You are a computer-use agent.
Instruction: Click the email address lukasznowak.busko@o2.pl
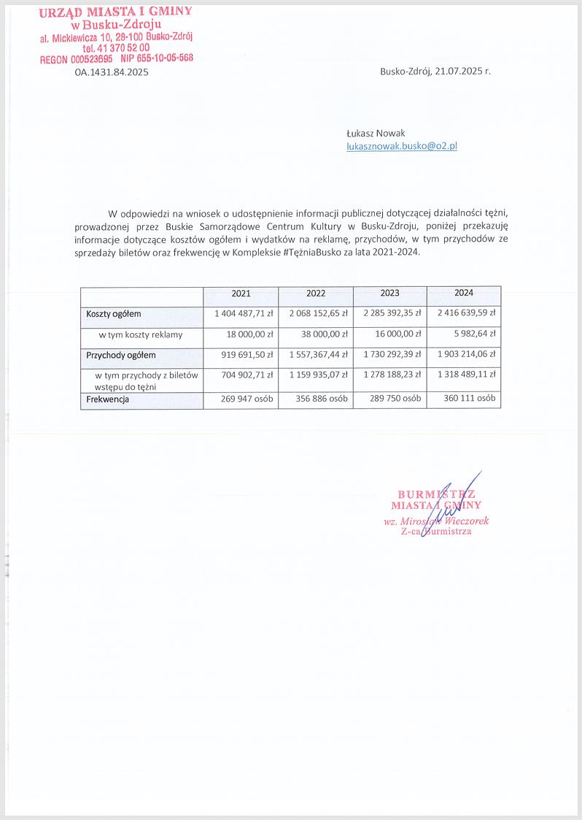pos(401,146)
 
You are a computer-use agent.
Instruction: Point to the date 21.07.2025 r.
pos(460,72)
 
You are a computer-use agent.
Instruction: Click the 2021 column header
pos(241,294)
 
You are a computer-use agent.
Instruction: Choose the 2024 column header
pos(464,293)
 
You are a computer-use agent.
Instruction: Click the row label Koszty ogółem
pos(113,314)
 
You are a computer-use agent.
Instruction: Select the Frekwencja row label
pos(108,399)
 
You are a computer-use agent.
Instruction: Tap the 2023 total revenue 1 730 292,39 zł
pos(392,355)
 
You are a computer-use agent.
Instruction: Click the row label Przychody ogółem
pos(121,356)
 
